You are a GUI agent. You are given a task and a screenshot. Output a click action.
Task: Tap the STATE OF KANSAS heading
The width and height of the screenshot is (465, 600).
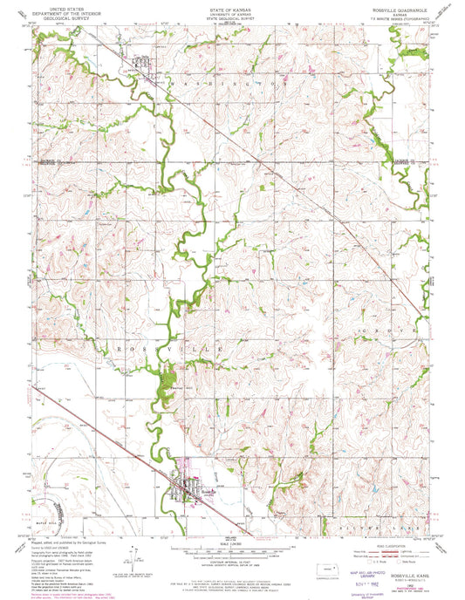click(232, 7)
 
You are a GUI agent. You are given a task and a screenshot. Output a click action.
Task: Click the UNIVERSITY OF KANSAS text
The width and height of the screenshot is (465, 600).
click(232, 12)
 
